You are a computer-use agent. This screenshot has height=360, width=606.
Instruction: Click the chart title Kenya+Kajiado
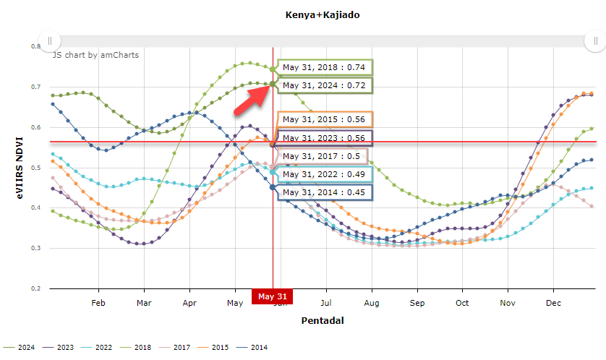click(312, 14)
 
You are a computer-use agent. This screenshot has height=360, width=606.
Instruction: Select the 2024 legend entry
click(25, 348)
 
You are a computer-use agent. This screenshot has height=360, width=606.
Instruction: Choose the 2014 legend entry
click(258, 348)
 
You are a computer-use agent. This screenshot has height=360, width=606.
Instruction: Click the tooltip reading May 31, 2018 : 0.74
click(324, 67)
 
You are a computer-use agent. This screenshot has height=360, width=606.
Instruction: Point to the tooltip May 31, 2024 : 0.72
click(324, 85)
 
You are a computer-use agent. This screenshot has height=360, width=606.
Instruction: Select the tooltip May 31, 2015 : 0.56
click(324, 119)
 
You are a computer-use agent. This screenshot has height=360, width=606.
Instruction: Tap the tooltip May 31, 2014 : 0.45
click(324, 192)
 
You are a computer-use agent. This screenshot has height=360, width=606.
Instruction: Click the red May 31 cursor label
click(273, 296)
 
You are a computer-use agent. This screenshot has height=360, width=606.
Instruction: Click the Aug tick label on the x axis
click(372, 303)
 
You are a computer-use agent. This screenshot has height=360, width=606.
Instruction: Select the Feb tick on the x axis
click(98, 303)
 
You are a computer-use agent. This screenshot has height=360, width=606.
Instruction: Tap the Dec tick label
click(554, 303)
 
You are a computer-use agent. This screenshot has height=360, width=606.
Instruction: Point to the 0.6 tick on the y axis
click(36, 127)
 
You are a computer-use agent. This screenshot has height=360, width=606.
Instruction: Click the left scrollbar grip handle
click(49, 40)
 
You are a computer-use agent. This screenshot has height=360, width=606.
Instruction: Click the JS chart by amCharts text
click(95, 54)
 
